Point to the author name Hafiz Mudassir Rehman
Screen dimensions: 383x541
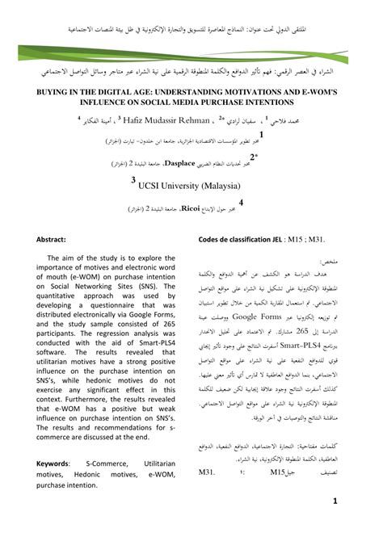(168, 122)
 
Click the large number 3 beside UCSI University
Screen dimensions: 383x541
(134, 182)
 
